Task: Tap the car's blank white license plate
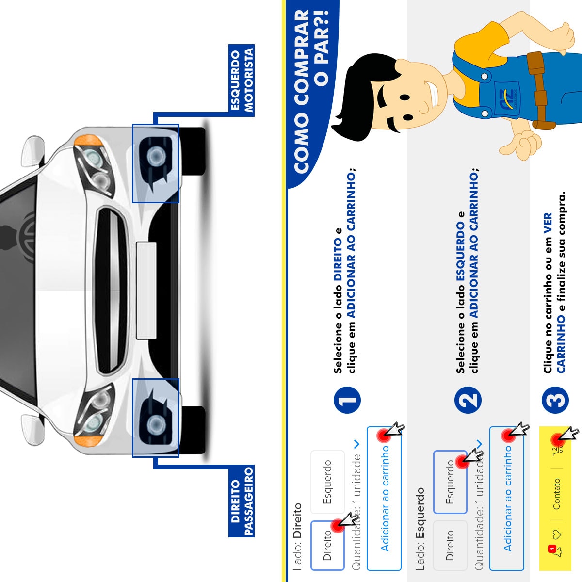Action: tap(146, 291)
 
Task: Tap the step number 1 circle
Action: tap(347, 401)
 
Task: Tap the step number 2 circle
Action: tap(469, 401)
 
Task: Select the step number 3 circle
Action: tap(555, 401)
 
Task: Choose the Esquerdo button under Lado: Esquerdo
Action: tap(450, 482)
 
